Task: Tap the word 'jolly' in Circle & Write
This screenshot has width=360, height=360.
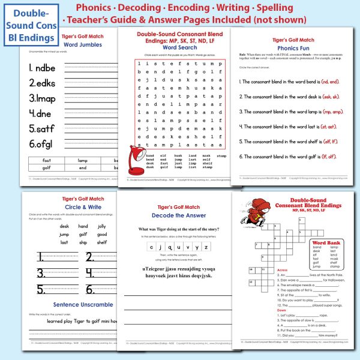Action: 101,226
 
